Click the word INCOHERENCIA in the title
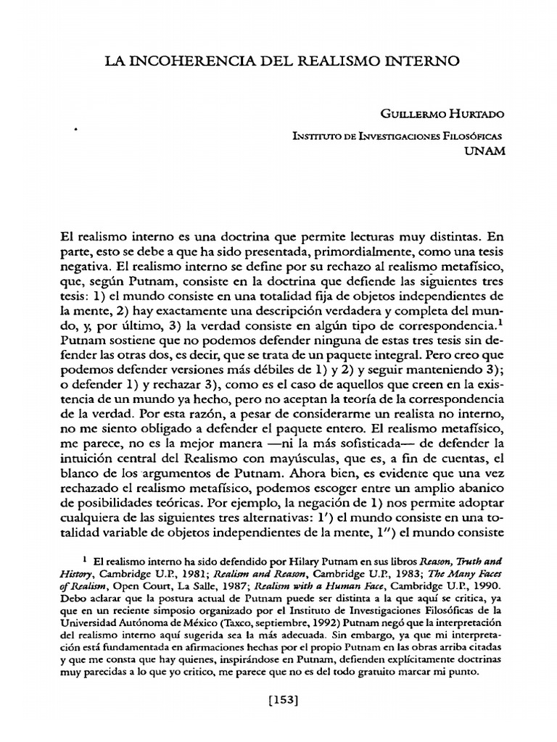(181, 63)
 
